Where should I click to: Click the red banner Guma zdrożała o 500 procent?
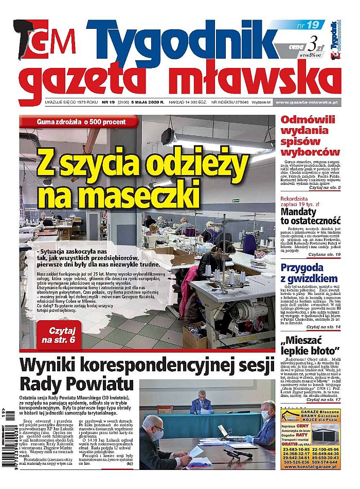point(80,121)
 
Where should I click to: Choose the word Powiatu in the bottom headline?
point(100,385)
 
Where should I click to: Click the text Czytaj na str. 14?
point(323,327)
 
